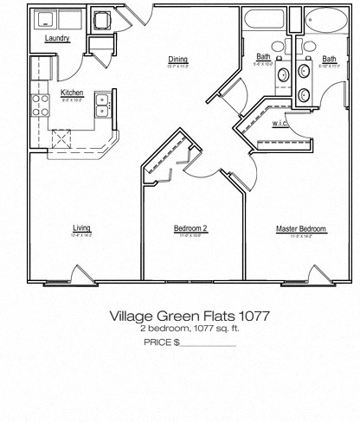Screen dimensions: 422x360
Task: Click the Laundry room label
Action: point(57,38)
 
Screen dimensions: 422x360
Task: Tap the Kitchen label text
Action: point(72,92)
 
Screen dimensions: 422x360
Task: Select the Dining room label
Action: point(177,59)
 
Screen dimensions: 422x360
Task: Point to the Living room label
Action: point(81,228)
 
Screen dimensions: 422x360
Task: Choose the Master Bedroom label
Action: point(300,228)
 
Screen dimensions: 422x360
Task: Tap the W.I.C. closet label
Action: point(280,123)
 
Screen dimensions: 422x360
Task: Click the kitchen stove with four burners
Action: point(41,105)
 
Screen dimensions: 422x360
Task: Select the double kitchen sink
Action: point(103,105)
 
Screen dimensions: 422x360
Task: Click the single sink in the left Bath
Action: point(284,76)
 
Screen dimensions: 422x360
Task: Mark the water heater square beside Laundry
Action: point(102,21)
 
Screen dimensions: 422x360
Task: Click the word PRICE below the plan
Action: point(157,342)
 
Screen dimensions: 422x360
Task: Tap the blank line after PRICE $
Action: point(208,344)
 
